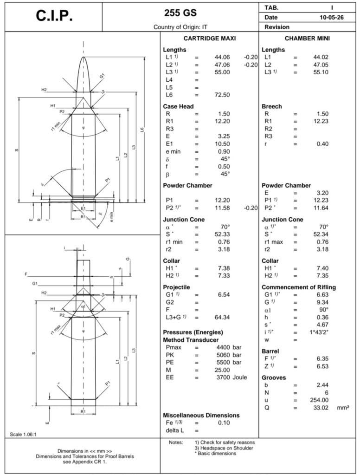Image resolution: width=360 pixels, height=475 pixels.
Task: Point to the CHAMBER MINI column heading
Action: [307, 38]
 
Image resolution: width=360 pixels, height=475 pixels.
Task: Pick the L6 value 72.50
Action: [222, 95]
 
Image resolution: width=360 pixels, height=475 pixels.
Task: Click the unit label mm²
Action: [343, 408]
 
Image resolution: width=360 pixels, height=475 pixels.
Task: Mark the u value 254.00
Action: [319, 400]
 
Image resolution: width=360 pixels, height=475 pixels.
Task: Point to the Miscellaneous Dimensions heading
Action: [201, 415]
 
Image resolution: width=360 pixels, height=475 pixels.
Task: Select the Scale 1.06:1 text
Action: [23, 435]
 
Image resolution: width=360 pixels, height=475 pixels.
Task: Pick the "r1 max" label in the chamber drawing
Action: [57, 329]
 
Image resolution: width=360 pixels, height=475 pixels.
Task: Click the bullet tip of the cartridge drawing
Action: [84, 57]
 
